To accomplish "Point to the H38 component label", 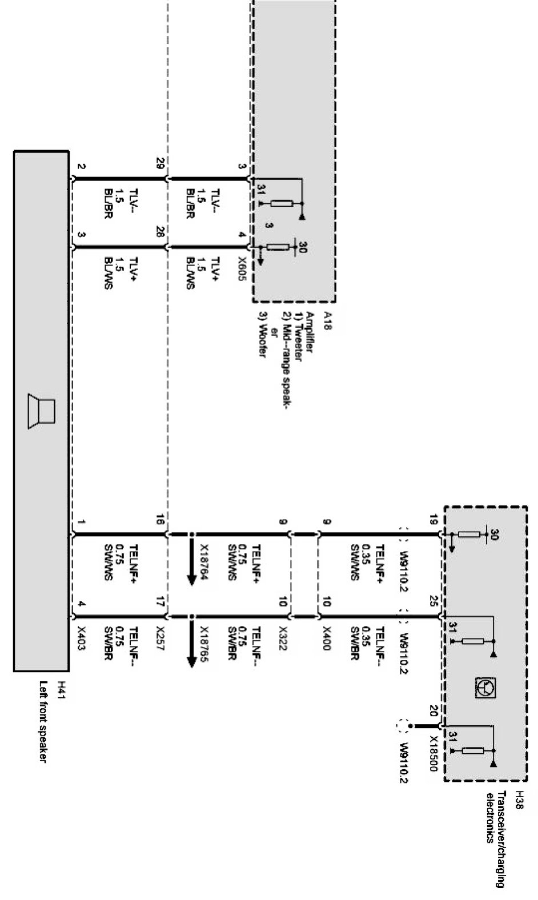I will pos(519,796).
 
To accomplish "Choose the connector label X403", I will pos(82,638).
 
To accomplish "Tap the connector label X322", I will pos(282,638).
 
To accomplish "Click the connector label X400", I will pos(326,638).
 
